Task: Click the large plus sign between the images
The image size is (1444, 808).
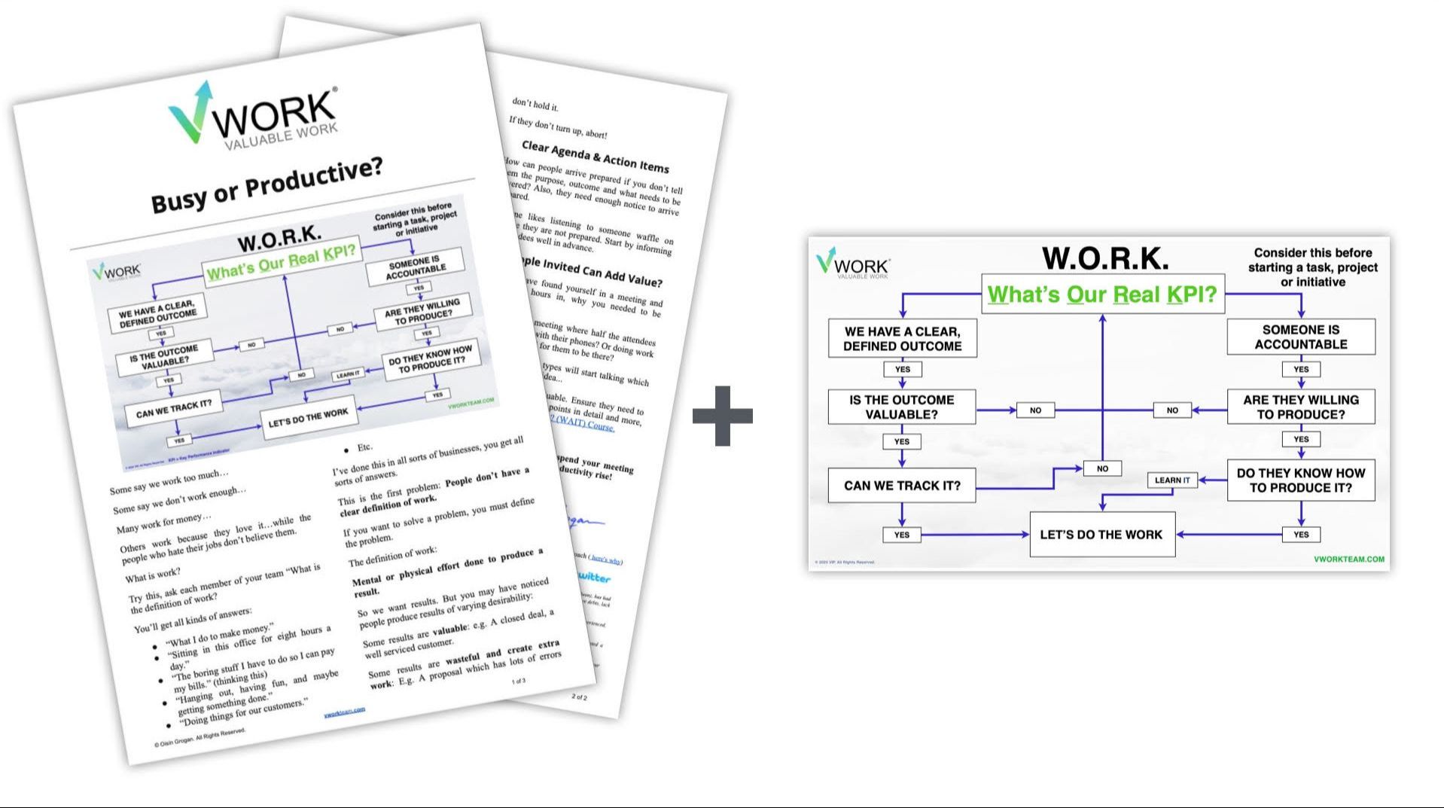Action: (722, 415)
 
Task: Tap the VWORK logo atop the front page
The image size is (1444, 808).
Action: (253, 117)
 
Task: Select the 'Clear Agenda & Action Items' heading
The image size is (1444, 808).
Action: (595, 157)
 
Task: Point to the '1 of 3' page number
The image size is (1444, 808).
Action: (519, 681)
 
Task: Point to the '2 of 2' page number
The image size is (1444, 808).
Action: (579, 697)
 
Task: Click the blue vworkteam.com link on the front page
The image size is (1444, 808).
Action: (344, 712)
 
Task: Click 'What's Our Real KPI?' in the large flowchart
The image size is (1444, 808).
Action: (1102, 294)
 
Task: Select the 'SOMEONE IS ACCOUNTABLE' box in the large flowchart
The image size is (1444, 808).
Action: (1300, 337)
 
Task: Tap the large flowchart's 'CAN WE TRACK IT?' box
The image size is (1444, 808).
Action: (901, 486)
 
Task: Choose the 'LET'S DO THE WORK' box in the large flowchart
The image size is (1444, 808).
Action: (1101, 535)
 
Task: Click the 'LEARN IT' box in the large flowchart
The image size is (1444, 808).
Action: (1171, 480)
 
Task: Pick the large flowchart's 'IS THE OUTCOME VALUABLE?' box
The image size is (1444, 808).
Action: (901, 407)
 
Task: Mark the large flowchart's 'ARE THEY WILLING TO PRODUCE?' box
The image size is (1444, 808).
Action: (1300, 407)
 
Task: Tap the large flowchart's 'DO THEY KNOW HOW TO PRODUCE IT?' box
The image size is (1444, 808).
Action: (1300, 480)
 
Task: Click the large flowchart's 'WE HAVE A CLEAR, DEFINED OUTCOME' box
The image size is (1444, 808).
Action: (902, 339)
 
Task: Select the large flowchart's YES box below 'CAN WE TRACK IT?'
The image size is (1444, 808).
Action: (901, 535)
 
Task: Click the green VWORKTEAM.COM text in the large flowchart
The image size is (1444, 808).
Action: (1348, 560)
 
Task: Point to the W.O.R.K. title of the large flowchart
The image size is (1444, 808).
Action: (1105, 258)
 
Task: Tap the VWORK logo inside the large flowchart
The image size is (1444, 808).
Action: (853, 264)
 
